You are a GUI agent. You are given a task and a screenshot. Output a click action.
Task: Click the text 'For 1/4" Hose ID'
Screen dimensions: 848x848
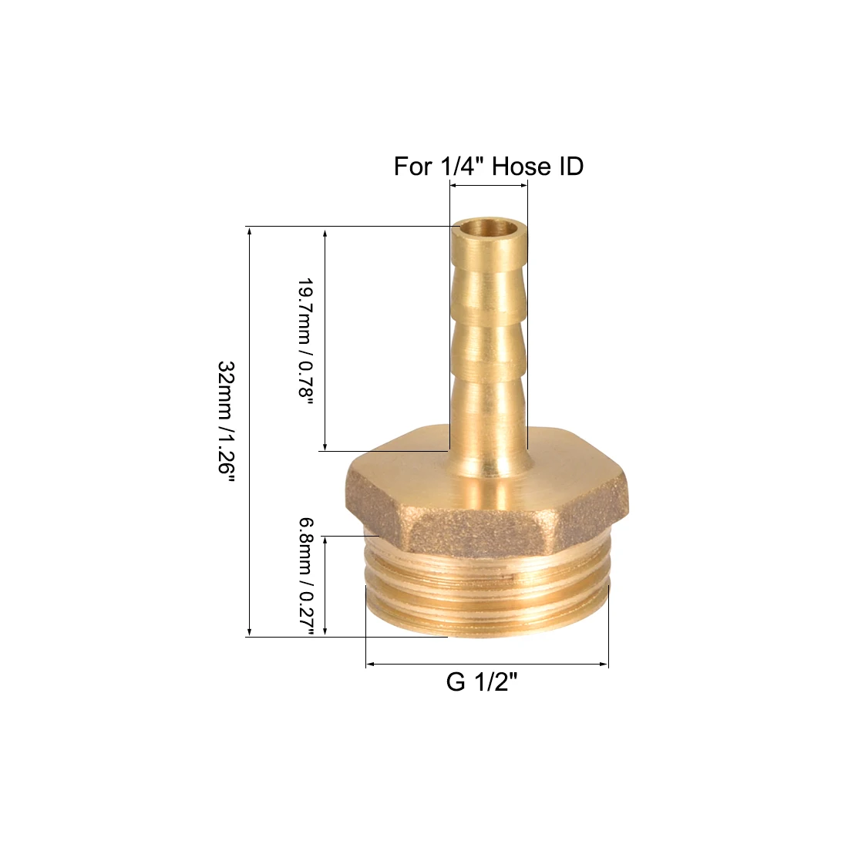coord(488,166)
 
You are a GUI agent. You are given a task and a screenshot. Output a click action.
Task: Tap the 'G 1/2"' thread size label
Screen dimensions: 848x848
coord(481,682)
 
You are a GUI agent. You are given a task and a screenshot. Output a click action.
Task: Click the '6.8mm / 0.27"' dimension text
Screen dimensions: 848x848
coord(307,578)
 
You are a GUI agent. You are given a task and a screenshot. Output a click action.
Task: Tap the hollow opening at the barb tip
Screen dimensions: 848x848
coord(489,227)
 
